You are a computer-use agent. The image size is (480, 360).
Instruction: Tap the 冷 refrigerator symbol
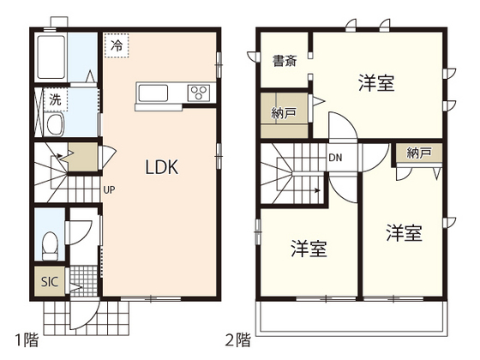point(115,45)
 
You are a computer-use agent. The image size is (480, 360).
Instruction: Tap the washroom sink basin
point(54,126)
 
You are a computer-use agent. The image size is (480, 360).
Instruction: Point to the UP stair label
point(110,189)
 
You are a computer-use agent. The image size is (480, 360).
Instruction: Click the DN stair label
point(337,157)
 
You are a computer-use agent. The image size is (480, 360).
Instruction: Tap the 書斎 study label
point(285,61)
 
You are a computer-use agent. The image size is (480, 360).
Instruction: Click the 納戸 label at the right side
point(419,153)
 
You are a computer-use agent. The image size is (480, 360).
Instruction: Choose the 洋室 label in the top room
point(375,83)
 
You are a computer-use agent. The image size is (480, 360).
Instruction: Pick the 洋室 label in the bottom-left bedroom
point(309,249)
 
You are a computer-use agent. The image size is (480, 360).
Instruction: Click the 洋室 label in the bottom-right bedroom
point(403,232)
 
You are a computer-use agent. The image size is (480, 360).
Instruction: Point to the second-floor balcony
point(351,317)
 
